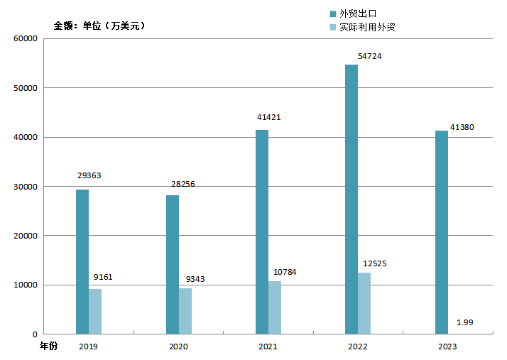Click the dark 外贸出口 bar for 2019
(x=82, y=261)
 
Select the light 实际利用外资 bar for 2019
(x=95, y=311)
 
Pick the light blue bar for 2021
(x=275, y=307)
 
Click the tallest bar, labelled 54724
(x=351, y=199)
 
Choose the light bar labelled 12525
(x=364, y=303)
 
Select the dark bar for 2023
(x=441, y=232)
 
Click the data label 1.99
(x=464, y=323)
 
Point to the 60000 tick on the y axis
(x=26, y=38)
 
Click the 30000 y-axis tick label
(x=26, y=187)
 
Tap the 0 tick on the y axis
(x=34, y=334)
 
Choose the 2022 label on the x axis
(x=358, y=347)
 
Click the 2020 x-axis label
(x=178, y=347)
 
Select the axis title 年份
(x=48, y=346)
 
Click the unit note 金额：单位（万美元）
(x=99, y=26)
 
